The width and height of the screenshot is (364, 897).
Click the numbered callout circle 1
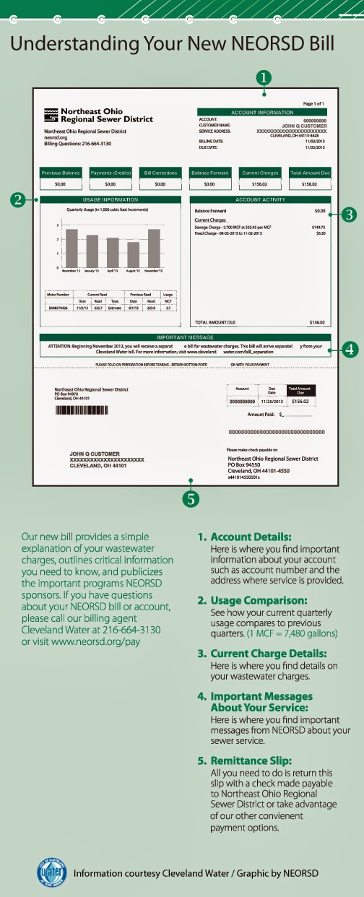coord(264,76)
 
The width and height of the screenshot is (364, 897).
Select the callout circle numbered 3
coord(347,214)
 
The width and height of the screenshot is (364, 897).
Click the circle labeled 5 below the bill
coord(191,498)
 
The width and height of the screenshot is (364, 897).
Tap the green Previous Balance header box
coord(61,173)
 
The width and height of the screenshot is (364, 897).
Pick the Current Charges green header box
coord(260,173)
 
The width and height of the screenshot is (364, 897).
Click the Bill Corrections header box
coord(160,173)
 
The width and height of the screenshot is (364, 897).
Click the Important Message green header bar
coord(186,337)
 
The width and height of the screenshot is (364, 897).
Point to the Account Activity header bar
coord(260,199)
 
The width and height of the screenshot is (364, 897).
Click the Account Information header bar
coord(262,113)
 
